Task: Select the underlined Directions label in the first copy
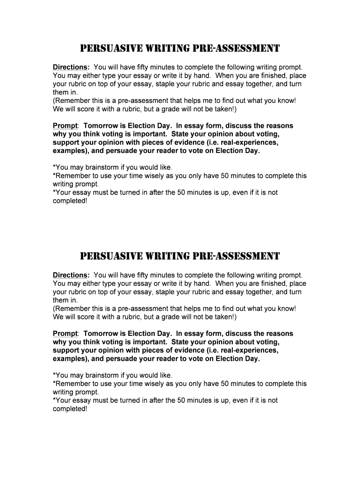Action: pos(71,67)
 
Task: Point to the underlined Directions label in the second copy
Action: pos(71,275)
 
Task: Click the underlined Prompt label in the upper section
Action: pos(65,126)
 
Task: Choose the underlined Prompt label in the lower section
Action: pos(65,334)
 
